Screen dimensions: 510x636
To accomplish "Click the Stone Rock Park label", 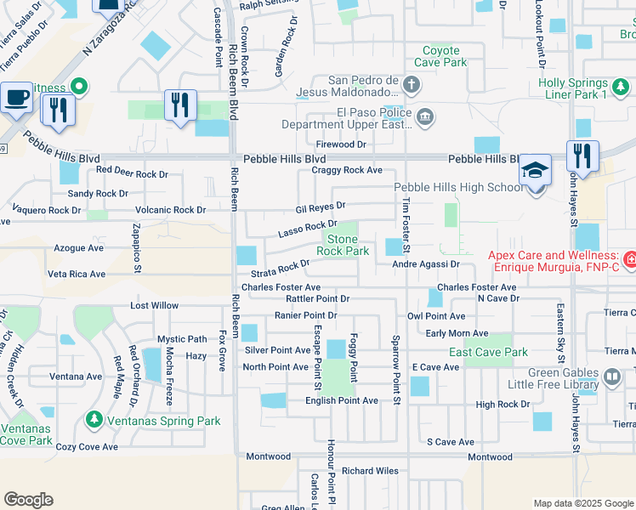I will point(343,245).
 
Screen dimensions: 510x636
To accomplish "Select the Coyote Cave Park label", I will point(441,56).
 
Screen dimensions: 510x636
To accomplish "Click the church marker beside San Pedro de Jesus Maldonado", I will point(412,85).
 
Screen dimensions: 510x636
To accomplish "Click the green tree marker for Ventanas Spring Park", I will point(94,420).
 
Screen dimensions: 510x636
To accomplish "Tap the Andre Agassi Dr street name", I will point(425,264).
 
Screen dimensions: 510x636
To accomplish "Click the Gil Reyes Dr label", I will point(321,206).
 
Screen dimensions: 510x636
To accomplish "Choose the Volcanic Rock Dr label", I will point(170,210).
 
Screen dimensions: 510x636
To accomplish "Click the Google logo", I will point(28,500).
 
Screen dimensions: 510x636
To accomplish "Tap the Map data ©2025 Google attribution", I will point(582,503).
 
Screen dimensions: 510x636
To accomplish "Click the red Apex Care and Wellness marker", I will point(629,256).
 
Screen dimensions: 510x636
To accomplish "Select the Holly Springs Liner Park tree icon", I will point(621,85).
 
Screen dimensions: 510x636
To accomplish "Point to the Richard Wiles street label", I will point(370,470).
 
